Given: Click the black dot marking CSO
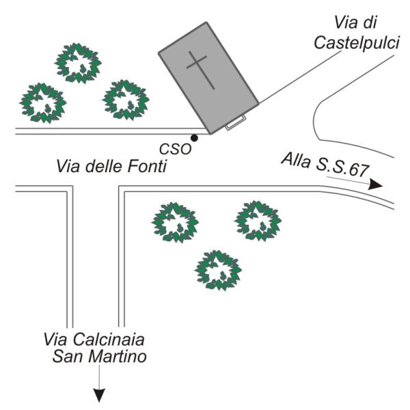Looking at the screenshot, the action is click(194, 137).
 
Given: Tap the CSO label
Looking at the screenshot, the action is click(176, 150).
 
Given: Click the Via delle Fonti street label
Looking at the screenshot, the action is click(111, 166).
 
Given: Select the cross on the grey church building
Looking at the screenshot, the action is click(200, 70).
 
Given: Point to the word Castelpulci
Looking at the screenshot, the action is click(357, 42).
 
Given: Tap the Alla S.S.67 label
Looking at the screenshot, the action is click(325, 164).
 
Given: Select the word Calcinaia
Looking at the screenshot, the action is click(109, 340).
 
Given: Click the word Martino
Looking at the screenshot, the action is click(118, 356).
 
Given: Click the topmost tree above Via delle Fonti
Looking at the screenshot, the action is click(78, 64).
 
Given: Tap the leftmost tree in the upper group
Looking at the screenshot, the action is click(43, 102).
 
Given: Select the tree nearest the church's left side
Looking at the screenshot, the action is click(126, 100).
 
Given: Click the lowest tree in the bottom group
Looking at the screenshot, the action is click(218, 270).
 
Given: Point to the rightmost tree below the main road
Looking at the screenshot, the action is click(258, 221).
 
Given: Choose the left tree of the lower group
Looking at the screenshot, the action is click(175, 223).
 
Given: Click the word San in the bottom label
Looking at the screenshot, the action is click(68, 356).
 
